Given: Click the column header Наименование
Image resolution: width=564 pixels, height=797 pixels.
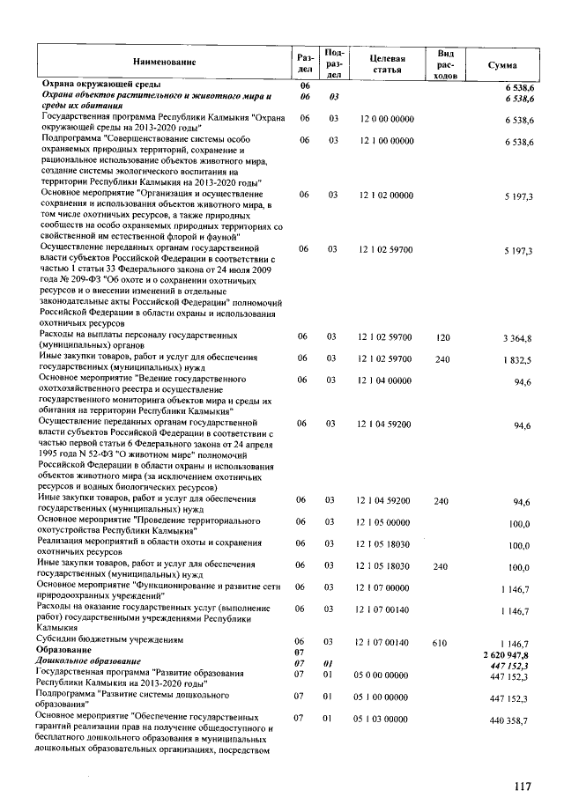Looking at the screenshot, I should click(165, 62).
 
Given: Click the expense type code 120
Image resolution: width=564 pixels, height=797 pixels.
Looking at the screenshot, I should click(442, 337).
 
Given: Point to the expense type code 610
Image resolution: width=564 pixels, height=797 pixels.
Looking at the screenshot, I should click(442, 644).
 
